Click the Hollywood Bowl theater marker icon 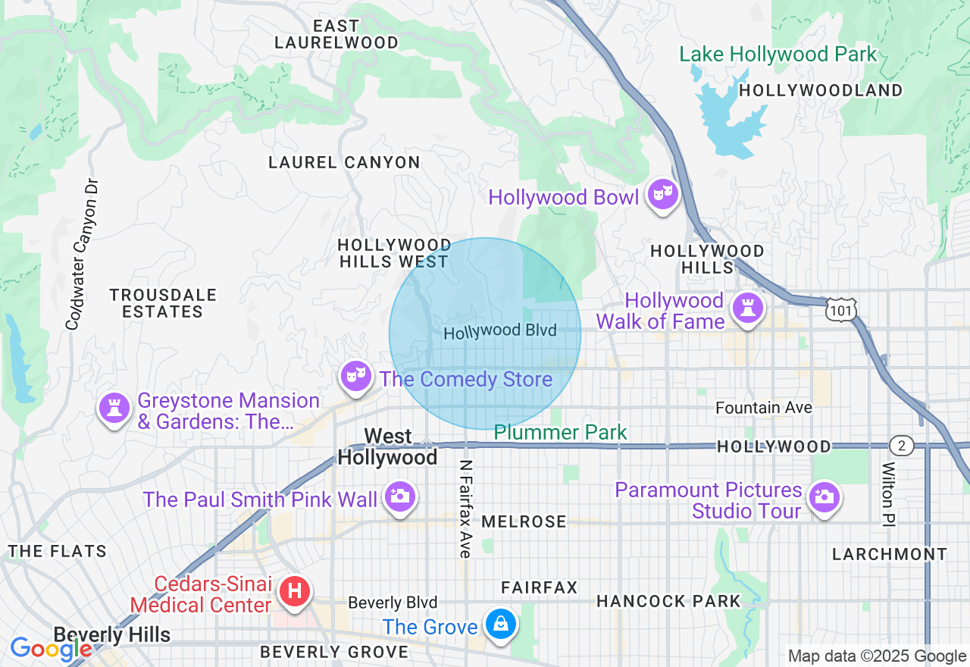click(x=662, y=196)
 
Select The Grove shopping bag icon click(x=500, y=625)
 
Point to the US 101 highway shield click(x=842, y=309)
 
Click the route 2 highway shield click(x=902, y=445)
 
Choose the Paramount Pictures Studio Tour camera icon click(x=821, y=497)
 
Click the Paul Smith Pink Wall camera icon click(x=399, y=496)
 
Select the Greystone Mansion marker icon click(x=114, y=408)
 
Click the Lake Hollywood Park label click(x=778, y=55)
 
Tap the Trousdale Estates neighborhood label click(x=163, y=303)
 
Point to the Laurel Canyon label click(x=344, y=162)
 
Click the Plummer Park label click(x=560, y=433)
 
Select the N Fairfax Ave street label click(x=465, y=509)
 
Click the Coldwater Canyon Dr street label click(x=83, y=255)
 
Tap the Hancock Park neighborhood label click(x=668, y=601)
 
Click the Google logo click(x=51, y=649)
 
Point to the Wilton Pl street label click(x=888, y=493)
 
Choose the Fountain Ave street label click(x=764, y=408)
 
